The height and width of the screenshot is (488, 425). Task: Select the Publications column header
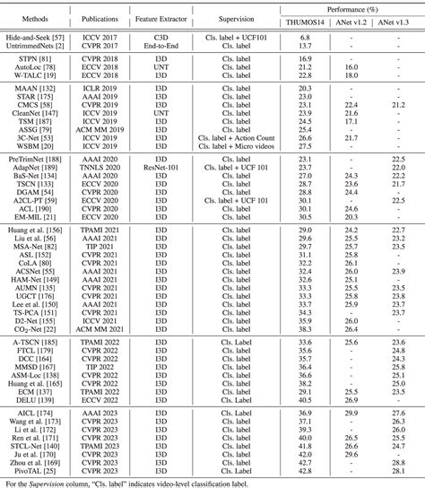(103, 17)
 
